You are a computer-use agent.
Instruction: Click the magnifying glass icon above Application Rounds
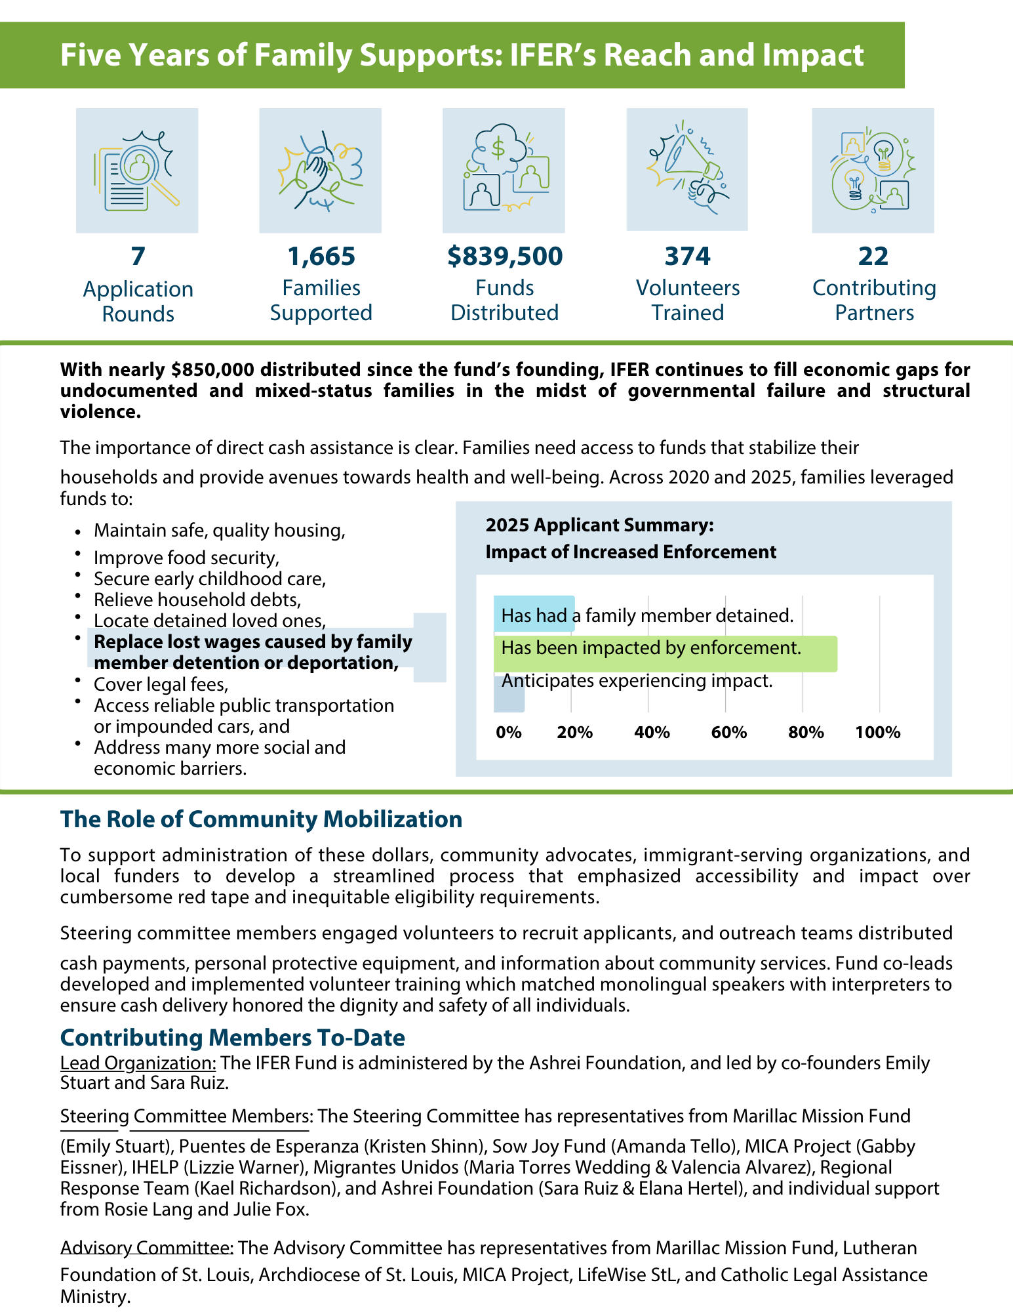click(x=137, y=171)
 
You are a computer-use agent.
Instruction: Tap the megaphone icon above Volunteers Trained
click(x=686, y=169)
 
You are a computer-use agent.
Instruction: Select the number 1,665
click(x=321, y=256)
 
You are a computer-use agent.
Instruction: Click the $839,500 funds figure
click(x=505, y=256)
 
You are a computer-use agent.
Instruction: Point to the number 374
click(x=687, y=256)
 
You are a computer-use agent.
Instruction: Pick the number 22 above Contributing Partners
click(x=873, y=256)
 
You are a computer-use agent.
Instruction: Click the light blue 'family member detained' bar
click(x=534, y=613)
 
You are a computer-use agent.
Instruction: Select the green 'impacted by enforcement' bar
click(x=665, y=653)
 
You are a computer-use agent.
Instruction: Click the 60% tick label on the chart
click(x=728, y=733)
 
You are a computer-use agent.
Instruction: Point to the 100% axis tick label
click(x=877, y=733)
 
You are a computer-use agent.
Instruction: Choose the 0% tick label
click(x=509, y=733)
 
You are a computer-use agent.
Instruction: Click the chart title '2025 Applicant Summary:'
click(x=599, y=525)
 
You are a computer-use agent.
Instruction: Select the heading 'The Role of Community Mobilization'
click(x=261, y=819)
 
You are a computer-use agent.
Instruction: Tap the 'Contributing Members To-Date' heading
click(x=233, y=1037)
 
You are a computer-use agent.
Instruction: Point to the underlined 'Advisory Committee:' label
click(x=147, y=1247)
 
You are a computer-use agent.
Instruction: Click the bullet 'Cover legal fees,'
click(x=161, y=684)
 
